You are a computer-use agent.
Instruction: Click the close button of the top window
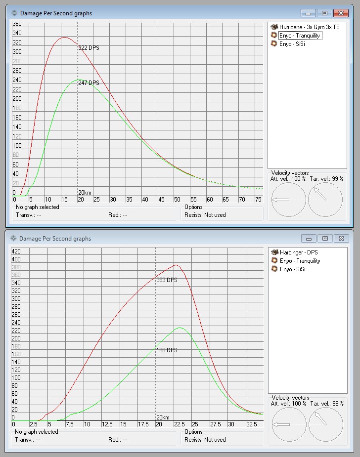point(341,13)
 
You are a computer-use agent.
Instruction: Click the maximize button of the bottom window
point(325,238)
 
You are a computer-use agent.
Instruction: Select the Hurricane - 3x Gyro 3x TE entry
point(309,27)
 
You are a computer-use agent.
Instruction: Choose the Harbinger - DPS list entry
point(298,252)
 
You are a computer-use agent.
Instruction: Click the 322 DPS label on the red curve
point(89,48)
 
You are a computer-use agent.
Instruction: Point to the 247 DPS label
point(89,83)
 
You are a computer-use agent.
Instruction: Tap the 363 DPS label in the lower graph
point(167,280)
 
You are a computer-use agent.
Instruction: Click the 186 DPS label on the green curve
point(167,350)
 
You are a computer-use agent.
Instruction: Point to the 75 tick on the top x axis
point(258,200)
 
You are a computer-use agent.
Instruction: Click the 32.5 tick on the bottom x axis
point(251,424)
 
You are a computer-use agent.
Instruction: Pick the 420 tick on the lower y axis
point(16,251)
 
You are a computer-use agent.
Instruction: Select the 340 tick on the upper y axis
point(17,33)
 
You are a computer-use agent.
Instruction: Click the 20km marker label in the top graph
point(85,192)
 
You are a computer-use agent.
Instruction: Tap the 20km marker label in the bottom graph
point(163,417)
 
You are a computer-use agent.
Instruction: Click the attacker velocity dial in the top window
point(289,200)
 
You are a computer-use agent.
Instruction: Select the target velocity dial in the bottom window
point(325,424)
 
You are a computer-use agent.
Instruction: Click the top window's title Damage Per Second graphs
point(56,13)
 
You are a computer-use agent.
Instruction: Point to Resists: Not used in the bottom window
point(205,440)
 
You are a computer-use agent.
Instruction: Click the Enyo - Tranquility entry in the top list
point(300,36)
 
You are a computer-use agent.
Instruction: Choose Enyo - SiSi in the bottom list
point(292,269)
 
